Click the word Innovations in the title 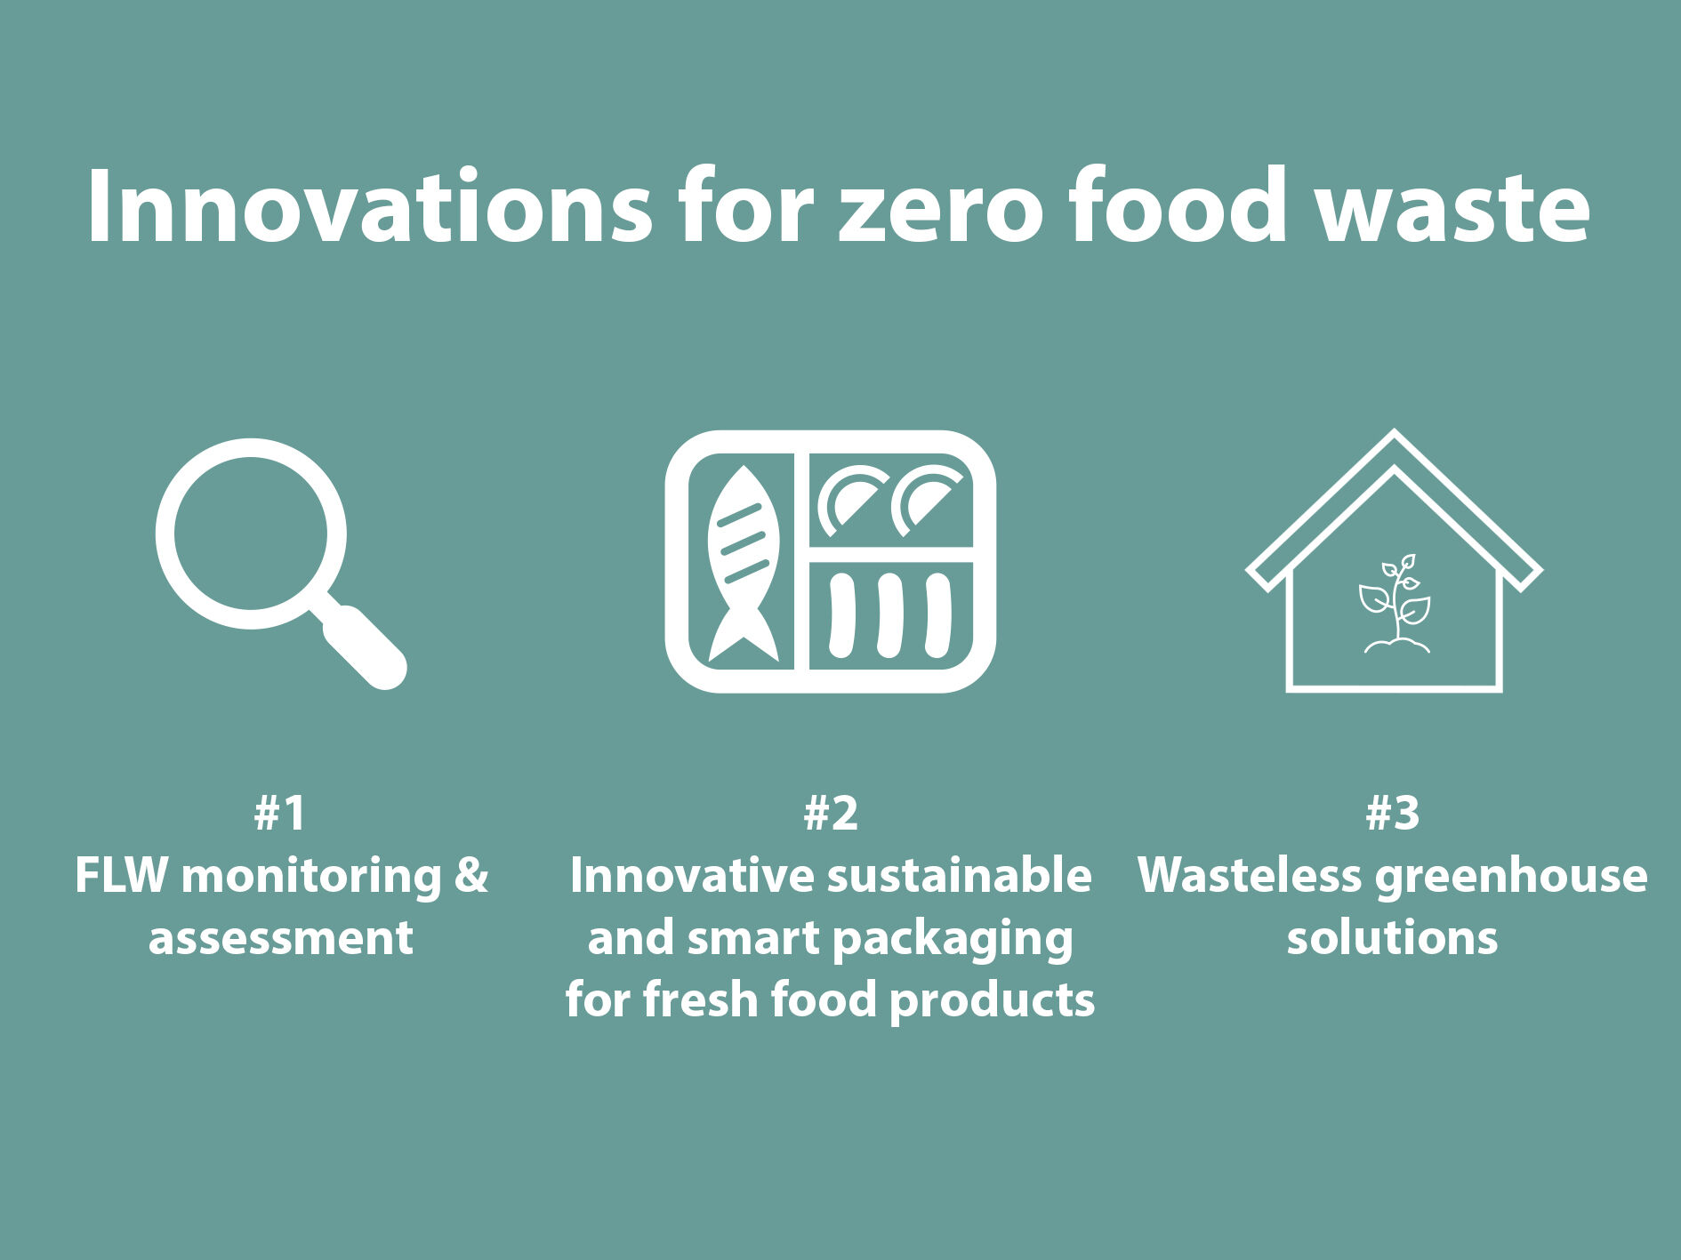point(369,205)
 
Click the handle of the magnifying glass point(361,645)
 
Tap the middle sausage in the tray point(889,615)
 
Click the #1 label point(280,813)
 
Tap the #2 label point(831,813)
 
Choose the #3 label point(1393,813)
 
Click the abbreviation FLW point(121,876)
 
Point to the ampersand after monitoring point(471,876)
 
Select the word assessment point(281,939)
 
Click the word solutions point(1392,938)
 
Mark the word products point(992,1001)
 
